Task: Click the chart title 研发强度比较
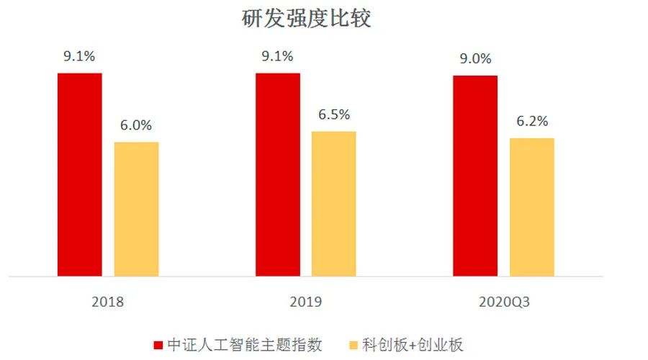(306, 19)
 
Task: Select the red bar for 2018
(79, 174)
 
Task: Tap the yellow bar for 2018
(136, 209)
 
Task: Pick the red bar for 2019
(277, 174)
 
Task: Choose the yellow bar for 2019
(333, 204)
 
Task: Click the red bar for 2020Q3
(475, 176)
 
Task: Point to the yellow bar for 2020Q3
(531, 207)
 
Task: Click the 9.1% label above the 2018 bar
(79, 57)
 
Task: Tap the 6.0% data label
(136, 125)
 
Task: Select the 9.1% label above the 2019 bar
(277, 57)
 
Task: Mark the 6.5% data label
(333, 114)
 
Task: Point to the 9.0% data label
(475, 59)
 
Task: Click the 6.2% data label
(531, 121)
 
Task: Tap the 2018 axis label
(107, 302)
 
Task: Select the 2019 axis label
(305, 302)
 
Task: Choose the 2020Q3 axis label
(503, 302)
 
